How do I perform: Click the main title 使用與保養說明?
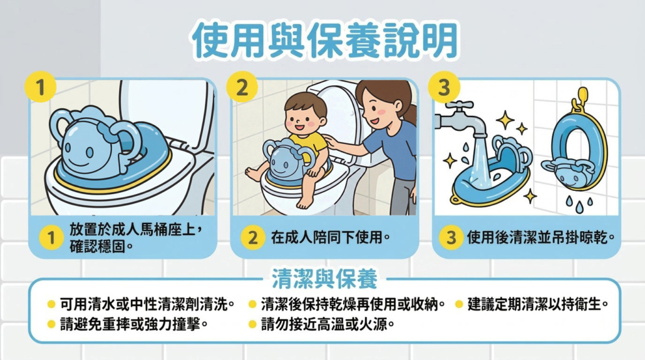[x=325, y=40]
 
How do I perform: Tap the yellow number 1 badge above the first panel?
[x=40, y=87]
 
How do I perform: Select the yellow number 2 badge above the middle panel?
[x=242, y=87]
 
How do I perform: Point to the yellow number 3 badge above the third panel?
[x=444, y=87]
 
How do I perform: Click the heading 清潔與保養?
[x=324, y=279]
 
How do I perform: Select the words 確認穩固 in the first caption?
[x=97, y=247]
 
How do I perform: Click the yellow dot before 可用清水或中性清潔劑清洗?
[x=51, y=305]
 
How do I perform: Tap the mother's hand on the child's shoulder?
[x=332, y=142]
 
